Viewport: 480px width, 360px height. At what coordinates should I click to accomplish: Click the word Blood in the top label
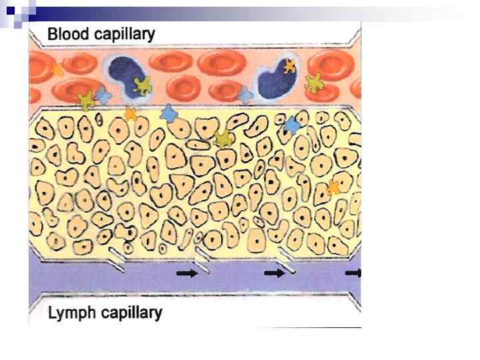click(x=69, y=34)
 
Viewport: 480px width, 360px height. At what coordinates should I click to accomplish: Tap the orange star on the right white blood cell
click(x=289, y=66)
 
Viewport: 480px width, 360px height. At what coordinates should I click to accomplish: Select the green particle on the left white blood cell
click(x=142, y=85)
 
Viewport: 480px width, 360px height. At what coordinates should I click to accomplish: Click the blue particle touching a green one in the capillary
click(x=103, y=95)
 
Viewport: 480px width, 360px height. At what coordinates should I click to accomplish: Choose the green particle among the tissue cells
click(x=224, y=139)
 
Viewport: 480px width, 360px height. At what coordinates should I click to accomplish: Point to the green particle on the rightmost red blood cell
click(x=313, y=82)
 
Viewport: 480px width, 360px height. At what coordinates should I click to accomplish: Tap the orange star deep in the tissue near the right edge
click(x=333, y=188)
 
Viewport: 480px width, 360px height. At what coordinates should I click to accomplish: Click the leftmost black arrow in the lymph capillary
click(x=187, y=273)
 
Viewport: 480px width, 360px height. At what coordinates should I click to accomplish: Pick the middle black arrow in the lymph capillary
click(x=274, y=273)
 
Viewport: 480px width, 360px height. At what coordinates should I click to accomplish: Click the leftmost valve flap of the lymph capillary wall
click(x=116, y=263)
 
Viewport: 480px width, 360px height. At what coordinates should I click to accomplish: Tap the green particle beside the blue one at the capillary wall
click(x=86, y=100)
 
